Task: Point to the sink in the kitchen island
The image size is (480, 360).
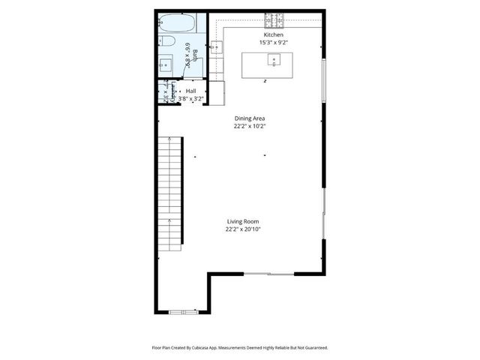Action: coord(274,61)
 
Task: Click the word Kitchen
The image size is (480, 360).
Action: coord(273,35)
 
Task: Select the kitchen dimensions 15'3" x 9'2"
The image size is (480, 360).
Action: coord(273,43)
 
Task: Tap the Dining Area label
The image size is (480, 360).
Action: coord(249,118)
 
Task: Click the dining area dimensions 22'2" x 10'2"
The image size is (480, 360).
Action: coord(249,126)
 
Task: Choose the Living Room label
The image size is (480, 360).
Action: coord(243,221)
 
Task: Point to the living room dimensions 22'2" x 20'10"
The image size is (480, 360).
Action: coord(243,229)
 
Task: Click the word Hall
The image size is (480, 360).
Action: coord(191,91)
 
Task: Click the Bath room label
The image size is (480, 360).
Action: coord(195,54)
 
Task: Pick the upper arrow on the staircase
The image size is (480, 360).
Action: coord(170,141)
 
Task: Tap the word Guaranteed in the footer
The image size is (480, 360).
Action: coord(315,348)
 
